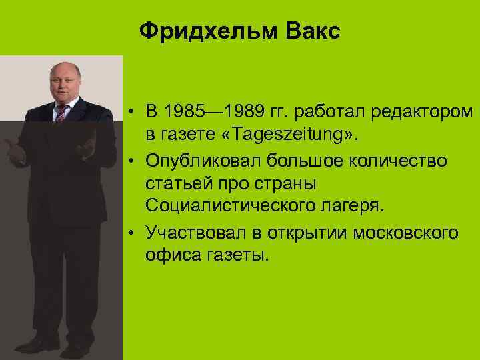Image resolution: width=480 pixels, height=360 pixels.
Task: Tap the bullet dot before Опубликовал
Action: pyautogui.click(x=134, y=161)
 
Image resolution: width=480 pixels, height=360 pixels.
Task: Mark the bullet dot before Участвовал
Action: pyautogui.click(x=134, y=233)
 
